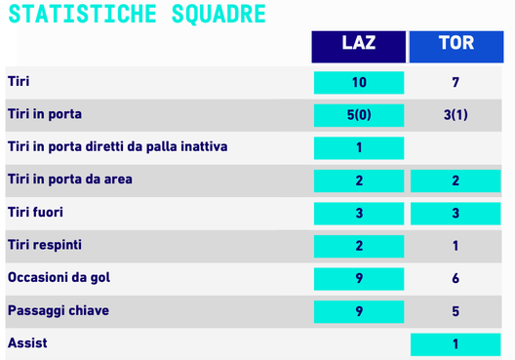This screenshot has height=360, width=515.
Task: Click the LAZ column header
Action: pyautogui.click(x=358, y=45)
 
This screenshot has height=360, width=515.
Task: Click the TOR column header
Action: pyautogui.click(x=456, y=45)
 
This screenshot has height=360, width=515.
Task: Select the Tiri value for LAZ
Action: pyautogui.click(x=358, y=83)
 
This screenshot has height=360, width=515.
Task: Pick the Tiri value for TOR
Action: pyautogui.click(x=456, y=83)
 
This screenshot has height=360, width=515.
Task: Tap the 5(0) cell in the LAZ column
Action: pyautogui.click(x=358, y=115)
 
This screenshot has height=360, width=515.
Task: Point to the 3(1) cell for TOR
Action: pyautogui.click(x=456, y=115)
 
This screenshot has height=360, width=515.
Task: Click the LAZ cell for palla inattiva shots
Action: pyautogui.click(x=358, y=148)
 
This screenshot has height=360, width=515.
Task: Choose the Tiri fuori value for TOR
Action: pyautogui.click(x=456, y=213)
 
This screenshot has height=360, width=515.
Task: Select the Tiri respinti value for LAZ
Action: pyautogui.click(x=358, y=246)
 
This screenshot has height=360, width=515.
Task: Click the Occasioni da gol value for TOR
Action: pyautogui.click(x=456, y=278)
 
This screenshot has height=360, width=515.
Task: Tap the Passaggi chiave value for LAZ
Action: pyautogui.click(x=358, y=311)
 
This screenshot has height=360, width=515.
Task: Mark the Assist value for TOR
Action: pyautogui.click(x=456, y=343)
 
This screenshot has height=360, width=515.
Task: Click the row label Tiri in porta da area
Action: pyautogui.click(x=69, y=180)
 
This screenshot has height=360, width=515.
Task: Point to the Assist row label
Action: pyautogui.click(x=27, y=343)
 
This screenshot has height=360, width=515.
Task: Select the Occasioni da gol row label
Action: pyautogui.click(x=59, y=278)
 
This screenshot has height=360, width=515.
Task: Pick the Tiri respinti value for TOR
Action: pyautogui.click(x=456, y=246)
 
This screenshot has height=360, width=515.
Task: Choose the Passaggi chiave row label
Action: pyautogui.click(x=58, y=311)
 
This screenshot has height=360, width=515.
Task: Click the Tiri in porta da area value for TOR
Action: pyautogui.click(x=456, y=180)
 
